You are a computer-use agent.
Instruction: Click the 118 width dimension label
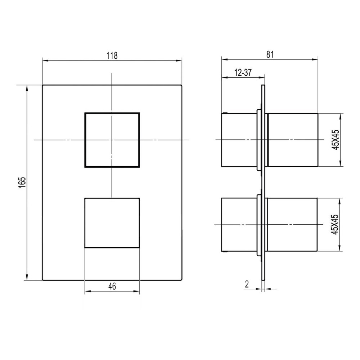pyautogui.click(x=112, y=55)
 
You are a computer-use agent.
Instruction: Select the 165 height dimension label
pyautogui.click(x=22, y=183)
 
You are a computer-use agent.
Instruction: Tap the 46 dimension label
pyautogui.click(x=112, y=286)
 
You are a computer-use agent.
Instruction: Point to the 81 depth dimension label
pyautogui.click(x=270, y=54)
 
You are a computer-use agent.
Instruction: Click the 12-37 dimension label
pyautogui.click(x=243, y=73)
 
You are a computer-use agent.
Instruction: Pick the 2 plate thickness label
pyautogui.click(x=247, y=284)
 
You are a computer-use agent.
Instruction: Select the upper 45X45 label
pyautogui.click(x=336, y=140)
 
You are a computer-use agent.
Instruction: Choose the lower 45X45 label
pyautogui.click(x=335, y=224)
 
